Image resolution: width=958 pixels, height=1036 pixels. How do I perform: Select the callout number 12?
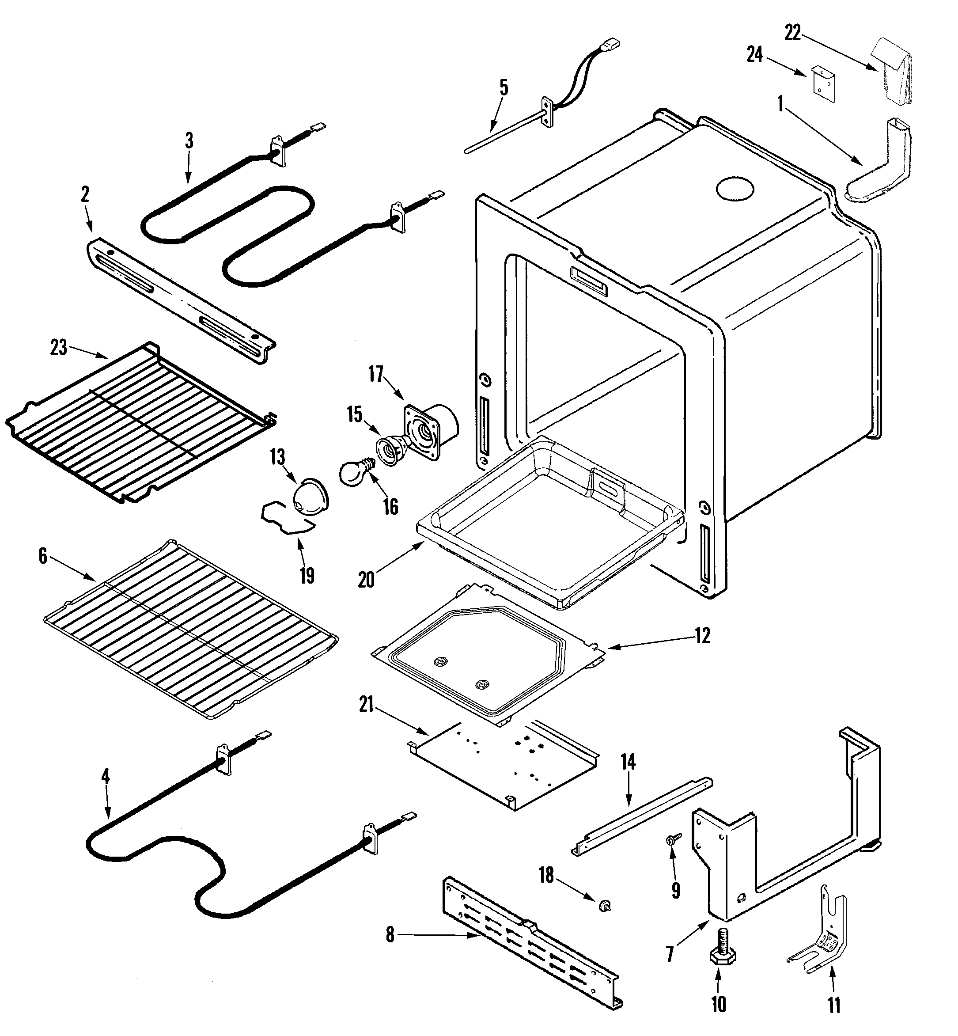(x=702, y=636)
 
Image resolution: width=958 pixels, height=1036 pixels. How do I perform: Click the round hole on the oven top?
(x=735, y=189)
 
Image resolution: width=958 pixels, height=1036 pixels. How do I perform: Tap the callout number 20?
(x=366, y=579)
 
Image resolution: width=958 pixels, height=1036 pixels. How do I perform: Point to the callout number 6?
(x=42, y=556)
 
